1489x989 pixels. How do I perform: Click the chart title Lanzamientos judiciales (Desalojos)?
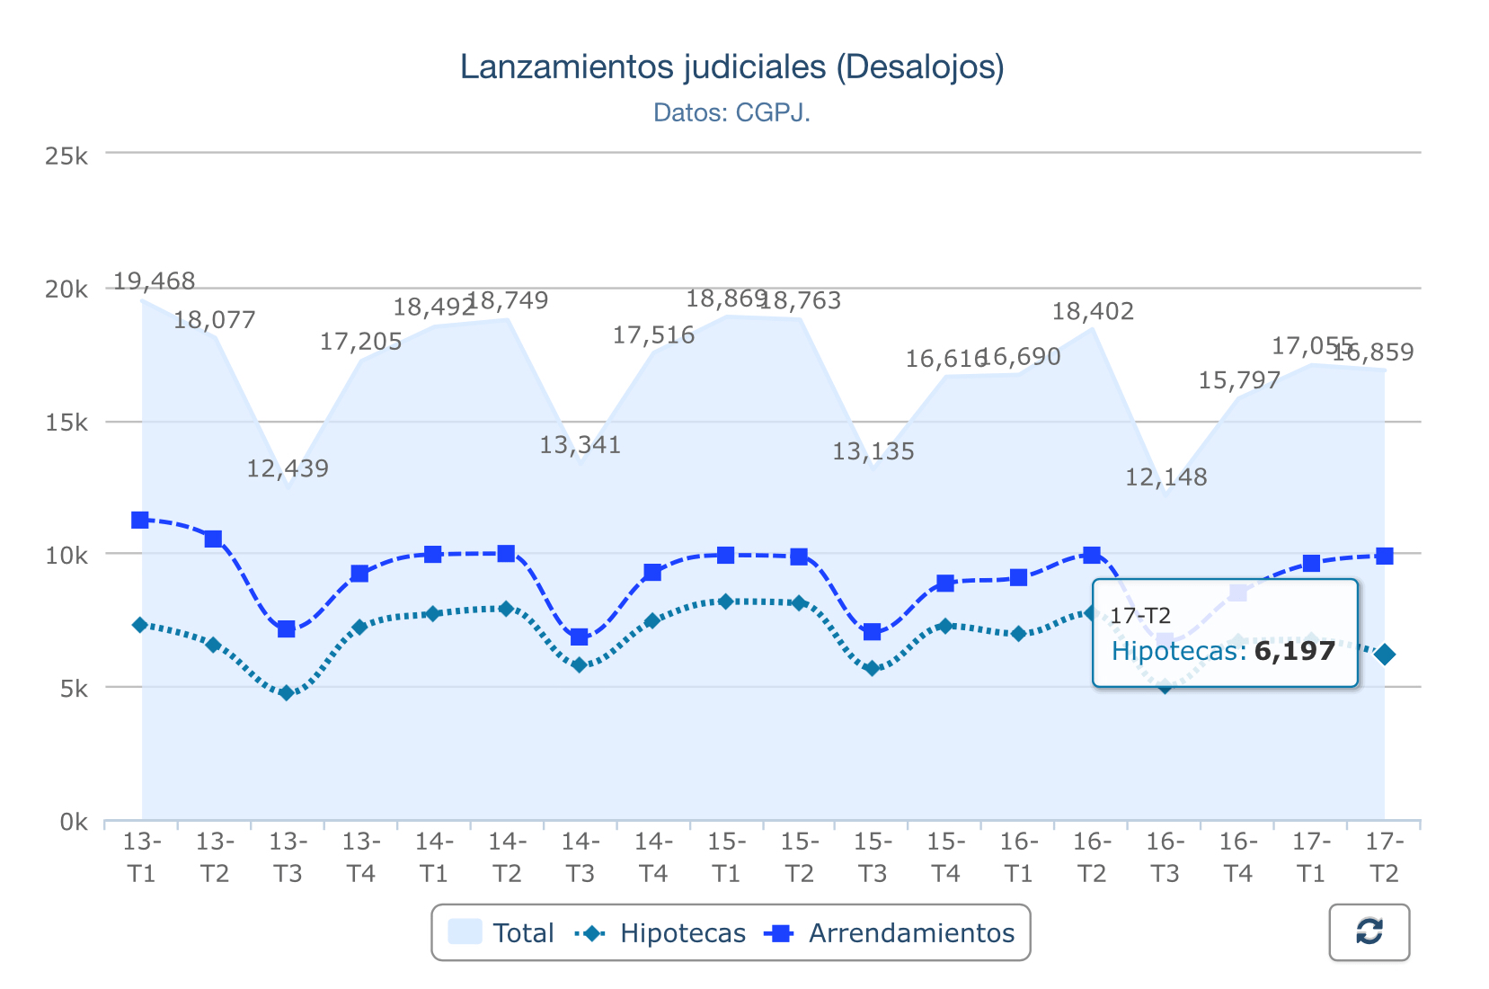731,67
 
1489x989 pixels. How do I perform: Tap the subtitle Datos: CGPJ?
731,113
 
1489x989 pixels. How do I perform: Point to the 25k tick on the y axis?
66,156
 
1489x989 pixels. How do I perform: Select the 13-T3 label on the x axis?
288,858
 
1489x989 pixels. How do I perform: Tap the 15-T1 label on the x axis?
726,858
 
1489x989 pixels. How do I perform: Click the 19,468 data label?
154,281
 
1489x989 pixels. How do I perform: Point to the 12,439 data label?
288,468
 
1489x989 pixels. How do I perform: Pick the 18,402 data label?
1093,312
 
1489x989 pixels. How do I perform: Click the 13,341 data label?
580,445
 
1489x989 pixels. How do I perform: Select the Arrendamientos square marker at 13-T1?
140,520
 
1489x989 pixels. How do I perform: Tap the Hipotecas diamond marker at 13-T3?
287,693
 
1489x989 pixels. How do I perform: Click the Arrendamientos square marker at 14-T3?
580,637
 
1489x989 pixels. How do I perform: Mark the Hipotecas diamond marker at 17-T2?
1385,655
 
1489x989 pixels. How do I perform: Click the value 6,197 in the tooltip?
1294,651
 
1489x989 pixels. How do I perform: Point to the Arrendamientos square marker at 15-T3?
872,632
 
